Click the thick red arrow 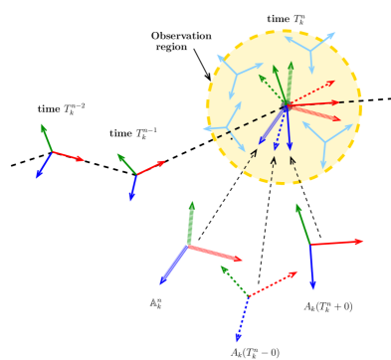click(214, 253)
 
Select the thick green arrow click(189, 223)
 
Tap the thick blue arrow click(173, 265)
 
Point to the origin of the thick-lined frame click(187, 245)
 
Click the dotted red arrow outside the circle click(273, 283)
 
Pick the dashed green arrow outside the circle click(234, 280)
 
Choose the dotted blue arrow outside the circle click(242, 319)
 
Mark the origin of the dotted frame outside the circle click(248, 296)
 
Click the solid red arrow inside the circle click(312, 103)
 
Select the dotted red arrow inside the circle click(310, 92)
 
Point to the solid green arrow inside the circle click(281, 85)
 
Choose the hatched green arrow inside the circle click(290, 83)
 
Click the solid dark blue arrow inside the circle click(289, 128)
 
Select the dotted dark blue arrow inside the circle click(281, 128)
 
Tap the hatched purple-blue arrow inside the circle click(272, 125)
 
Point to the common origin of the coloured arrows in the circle click(287, 105)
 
